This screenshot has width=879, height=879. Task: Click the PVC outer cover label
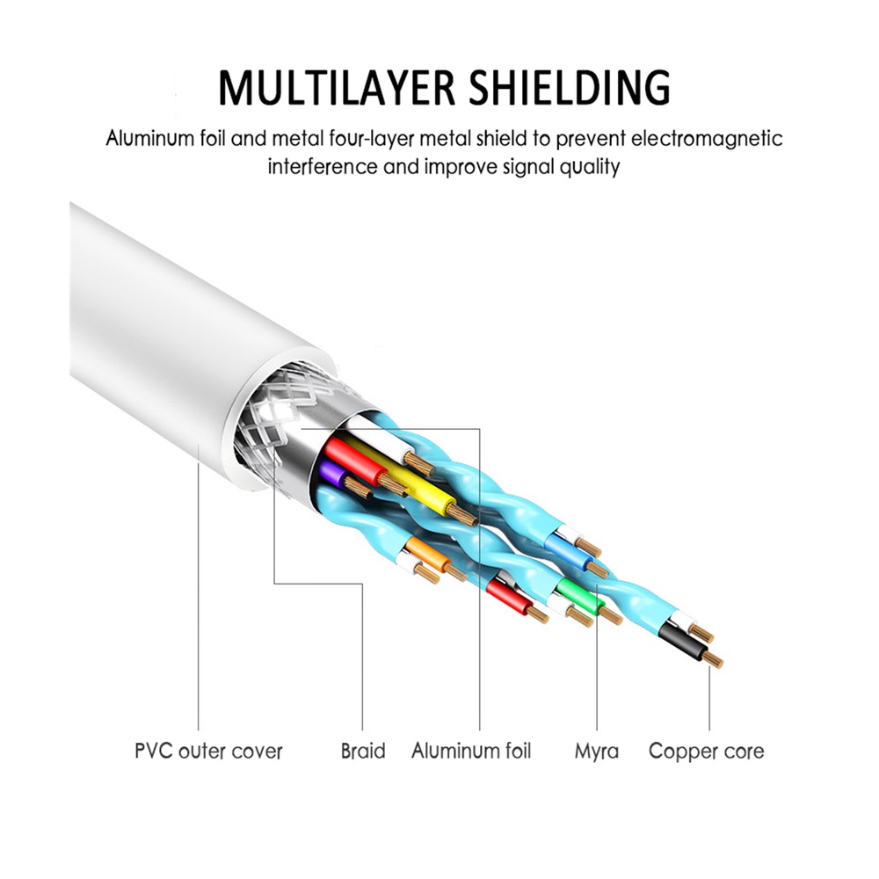208,752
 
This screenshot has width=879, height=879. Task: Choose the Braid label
363,752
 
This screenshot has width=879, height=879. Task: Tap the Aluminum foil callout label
471,752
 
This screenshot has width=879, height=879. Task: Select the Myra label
597,752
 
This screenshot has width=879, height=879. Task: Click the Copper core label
707,752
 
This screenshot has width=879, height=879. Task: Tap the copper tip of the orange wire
454,571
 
